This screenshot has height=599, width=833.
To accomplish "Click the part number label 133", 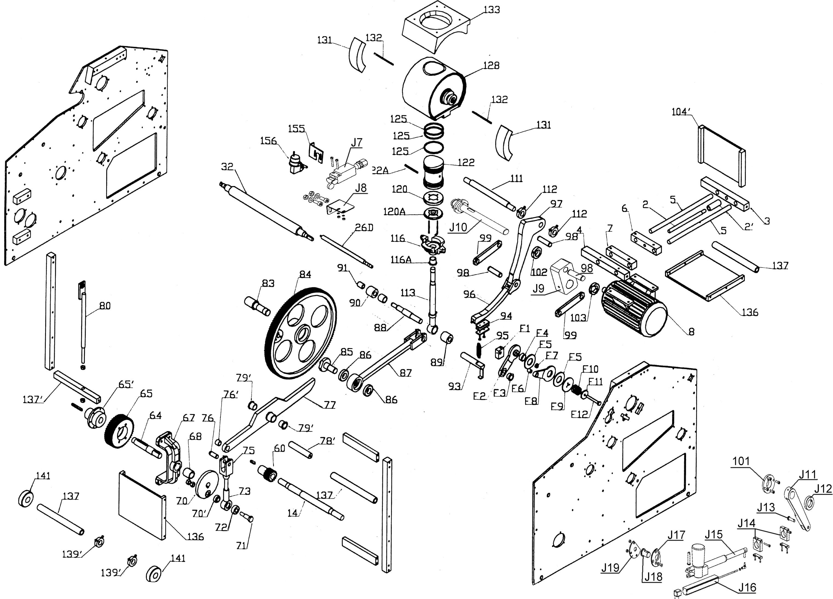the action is pos(492,10).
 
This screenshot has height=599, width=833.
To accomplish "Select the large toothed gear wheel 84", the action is pos(300,333).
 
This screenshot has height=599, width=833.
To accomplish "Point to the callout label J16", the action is pos(747,588).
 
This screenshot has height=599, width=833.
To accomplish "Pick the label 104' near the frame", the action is pos(681,112).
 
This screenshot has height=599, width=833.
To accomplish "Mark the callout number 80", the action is pos(105,305).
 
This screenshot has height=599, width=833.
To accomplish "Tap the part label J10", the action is pos(458,227).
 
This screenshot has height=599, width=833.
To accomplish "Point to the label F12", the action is pos(580,414).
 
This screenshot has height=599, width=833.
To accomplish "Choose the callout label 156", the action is pos(268,141).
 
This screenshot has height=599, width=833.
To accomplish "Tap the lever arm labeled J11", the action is pos(798,508).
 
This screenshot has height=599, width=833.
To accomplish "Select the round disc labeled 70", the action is pos(207,484).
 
